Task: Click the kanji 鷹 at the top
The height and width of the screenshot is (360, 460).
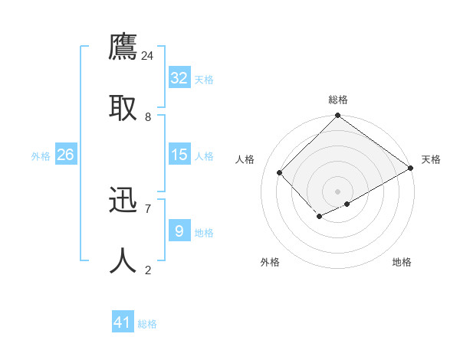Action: (x=123, y=47)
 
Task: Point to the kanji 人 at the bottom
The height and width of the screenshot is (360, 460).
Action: (x=123, y=261)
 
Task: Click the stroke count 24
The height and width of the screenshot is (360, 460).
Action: (x=147, y=55)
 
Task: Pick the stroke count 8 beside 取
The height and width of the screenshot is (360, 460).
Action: (x=147, y=116)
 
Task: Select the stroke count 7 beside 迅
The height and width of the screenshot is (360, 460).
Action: (x=147, y=208)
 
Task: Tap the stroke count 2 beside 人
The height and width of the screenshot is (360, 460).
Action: (x=147, y=270)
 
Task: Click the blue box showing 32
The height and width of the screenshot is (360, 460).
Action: (x=179, y=78)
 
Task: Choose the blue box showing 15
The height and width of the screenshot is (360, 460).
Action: (x=179, y=155)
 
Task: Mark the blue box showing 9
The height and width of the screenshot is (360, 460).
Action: (x=179, y=231)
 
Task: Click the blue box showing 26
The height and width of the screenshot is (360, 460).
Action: (x=66, y=155)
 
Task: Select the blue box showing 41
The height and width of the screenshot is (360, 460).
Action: (x=123, y=322)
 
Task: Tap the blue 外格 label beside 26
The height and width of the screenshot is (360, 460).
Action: (x=41, y=156)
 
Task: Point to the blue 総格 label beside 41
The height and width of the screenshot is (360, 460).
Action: (x=147, y=324)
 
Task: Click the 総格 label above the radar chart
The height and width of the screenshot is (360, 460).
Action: (x=338, y=100)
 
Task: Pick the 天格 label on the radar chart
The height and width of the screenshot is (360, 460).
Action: (x=431, y=159)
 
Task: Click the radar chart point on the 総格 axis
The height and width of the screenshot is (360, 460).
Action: (x=337, y=116)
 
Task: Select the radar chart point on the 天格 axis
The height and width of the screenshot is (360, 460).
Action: (x=411, y=169)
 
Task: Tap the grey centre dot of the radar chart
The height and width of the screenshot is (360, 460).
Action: (x=337, y=191)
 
